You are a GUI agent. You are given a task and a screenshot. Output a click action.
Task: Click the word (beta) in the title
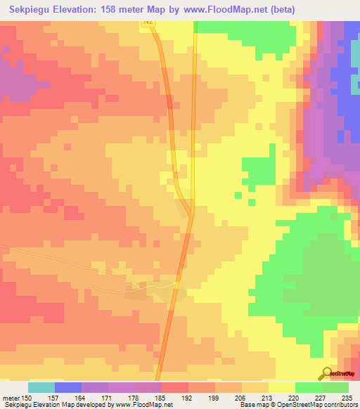click(x=280, y=10)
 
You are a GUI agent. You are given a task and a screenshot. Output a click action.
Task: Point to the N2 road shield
click(x=147, y=23)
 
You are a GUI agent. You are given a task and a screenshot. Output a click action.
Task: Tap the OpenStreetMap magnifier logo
click(x=326, y=374)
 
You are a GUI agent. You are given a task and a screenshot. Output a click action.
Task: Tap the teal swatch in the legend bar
click(x=41, y=387)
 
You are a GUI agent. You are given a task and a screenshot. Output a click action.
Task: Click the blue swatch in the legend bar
click(x=67, y=387)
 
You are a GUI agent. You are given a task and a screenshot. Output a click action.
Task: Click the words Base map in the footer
click(x=250, y=405)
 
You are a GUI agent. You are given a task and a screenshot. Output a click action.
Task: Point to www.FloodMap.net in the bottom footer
click(x=146, y=405)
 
